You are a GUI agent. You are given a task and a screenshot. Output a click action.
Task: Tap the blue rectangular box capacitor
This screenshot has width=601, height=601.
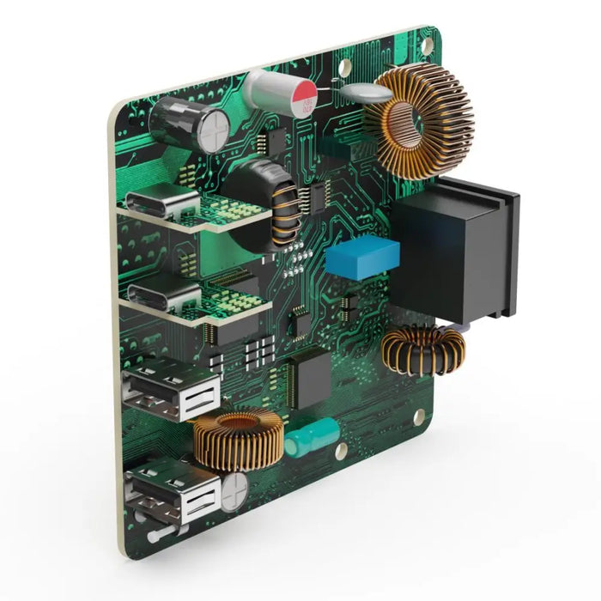click(362, 257)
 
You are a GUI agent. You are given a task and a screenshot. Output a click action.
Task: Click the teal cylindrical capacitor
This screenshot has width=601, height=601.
click(311, 437)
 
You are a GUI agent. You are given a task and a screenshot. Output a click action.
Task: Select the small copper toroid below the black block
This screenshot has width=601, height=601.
click(423, 349)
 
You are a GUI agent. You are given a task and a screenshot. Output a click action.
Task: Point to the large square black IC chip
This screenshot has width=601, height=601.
click(308, 379)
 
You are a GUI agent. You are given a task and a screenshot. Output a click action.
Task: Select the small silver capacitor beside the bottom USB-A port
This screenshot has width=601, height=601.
click(234, 492)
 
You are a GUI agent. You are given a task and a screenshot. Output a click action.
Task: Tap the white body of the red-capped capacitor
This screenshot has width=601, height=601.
click(270, 89)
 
